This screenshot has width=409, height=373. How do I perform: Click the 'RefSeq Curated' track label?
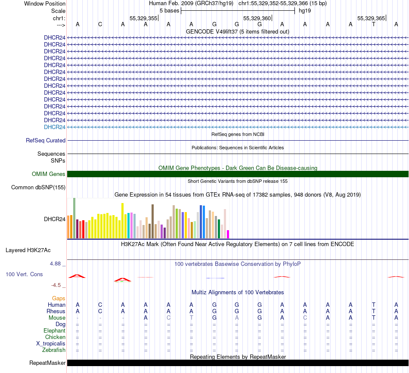point(46,140)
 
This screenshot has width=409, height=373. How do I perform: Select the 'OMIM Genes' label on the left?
point(49,174)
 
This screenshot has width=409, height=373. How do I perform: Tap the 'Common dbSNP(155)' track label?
point(38,187)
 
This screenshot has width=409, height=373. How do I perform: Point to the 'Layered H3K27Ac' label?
point(35,250)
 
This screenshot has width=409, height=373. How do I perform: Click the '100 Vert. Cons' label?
point(24,274)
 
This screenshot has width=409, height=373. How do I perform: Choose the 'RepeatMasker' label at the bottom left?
point(47,363)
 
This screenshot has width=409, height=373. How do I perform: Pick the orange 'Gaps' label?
point(59,298)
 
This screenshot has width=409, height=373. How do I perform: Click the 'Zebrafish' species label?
point(54,350)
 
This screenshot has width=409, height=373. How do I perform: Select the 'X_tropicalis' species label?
point(51,344)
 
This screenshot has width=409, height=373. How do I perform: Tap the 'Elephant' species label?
point(54,331)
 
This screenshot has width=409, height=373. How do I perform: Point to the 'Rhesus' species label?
point(56,311)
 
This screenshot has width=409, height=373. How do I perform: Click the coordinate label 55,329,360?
point(257,18)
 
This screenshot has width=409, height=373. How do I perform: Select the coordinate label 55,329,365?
point(371,18)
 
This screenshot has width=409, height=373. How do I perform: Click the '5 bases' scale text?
point(170,11)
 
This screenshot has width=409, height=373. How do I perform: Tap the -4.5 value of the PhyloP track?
point(57,285)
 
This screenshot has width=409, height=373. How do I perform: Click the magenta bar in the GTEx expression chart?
point(228,234)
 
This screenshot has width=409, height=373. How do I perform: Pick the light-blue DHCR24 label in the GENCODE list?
point(55,127)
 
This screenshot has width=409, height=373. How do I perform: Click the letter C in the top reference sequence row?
point(100,24)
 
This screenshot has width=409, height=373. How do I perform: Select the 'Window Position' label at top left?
point(45,3)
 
